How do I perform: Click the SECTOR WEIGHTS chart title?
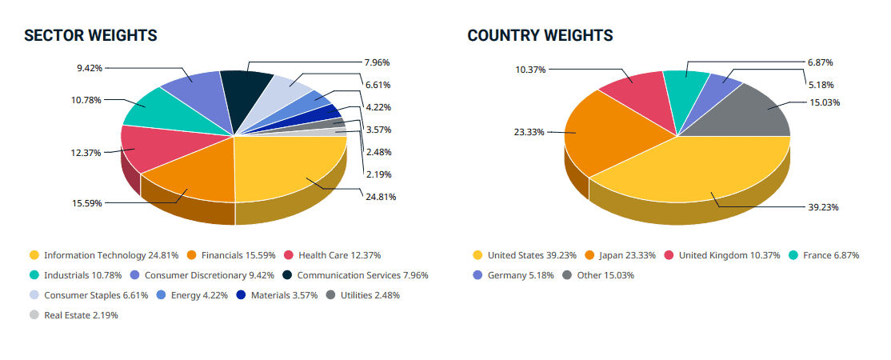point(90,36)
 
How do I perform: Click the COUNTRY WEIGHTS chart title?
point(540,36)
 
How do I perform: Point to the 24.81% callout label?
point(381,197)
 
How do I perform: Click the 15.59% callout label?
point(87,203)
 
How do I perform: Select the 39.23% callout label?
point(823,206)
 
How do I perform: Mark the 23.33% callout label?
point(529,132)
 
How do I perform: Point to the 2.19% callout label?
point(378,174)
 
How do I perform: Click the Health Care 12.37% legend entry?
point(332,255)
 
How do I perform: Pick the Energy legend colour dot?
point(161,295)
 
